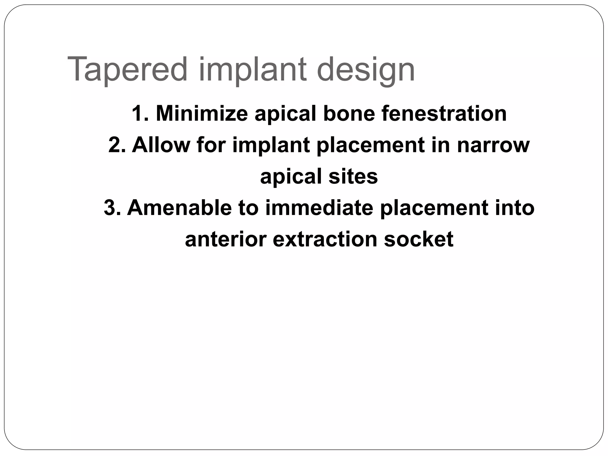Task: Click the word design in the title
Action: pos(366,70)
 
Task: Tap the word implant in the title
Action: pos(252,70)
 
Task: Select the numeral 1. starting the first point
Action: pos(140,113)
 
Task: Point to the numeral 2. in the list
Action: pos(116,145)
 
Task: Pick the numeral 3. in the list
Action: pos(112,208)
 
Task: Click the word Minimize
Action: pos(202,113)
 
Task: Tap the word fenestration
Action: pos(444,113)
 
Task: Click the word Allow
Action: pos(161,145)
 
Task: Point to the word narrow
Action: pos(493,145)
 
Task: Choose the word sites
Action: pos(353,176)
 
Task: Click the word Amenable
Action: pos(179,208)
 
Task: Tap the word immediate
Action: pos(319,208)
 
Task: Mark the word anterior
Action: pos(226,239)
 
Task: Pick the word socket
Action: pos(419,239)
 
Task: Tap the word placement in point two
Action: pos(370,145)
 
